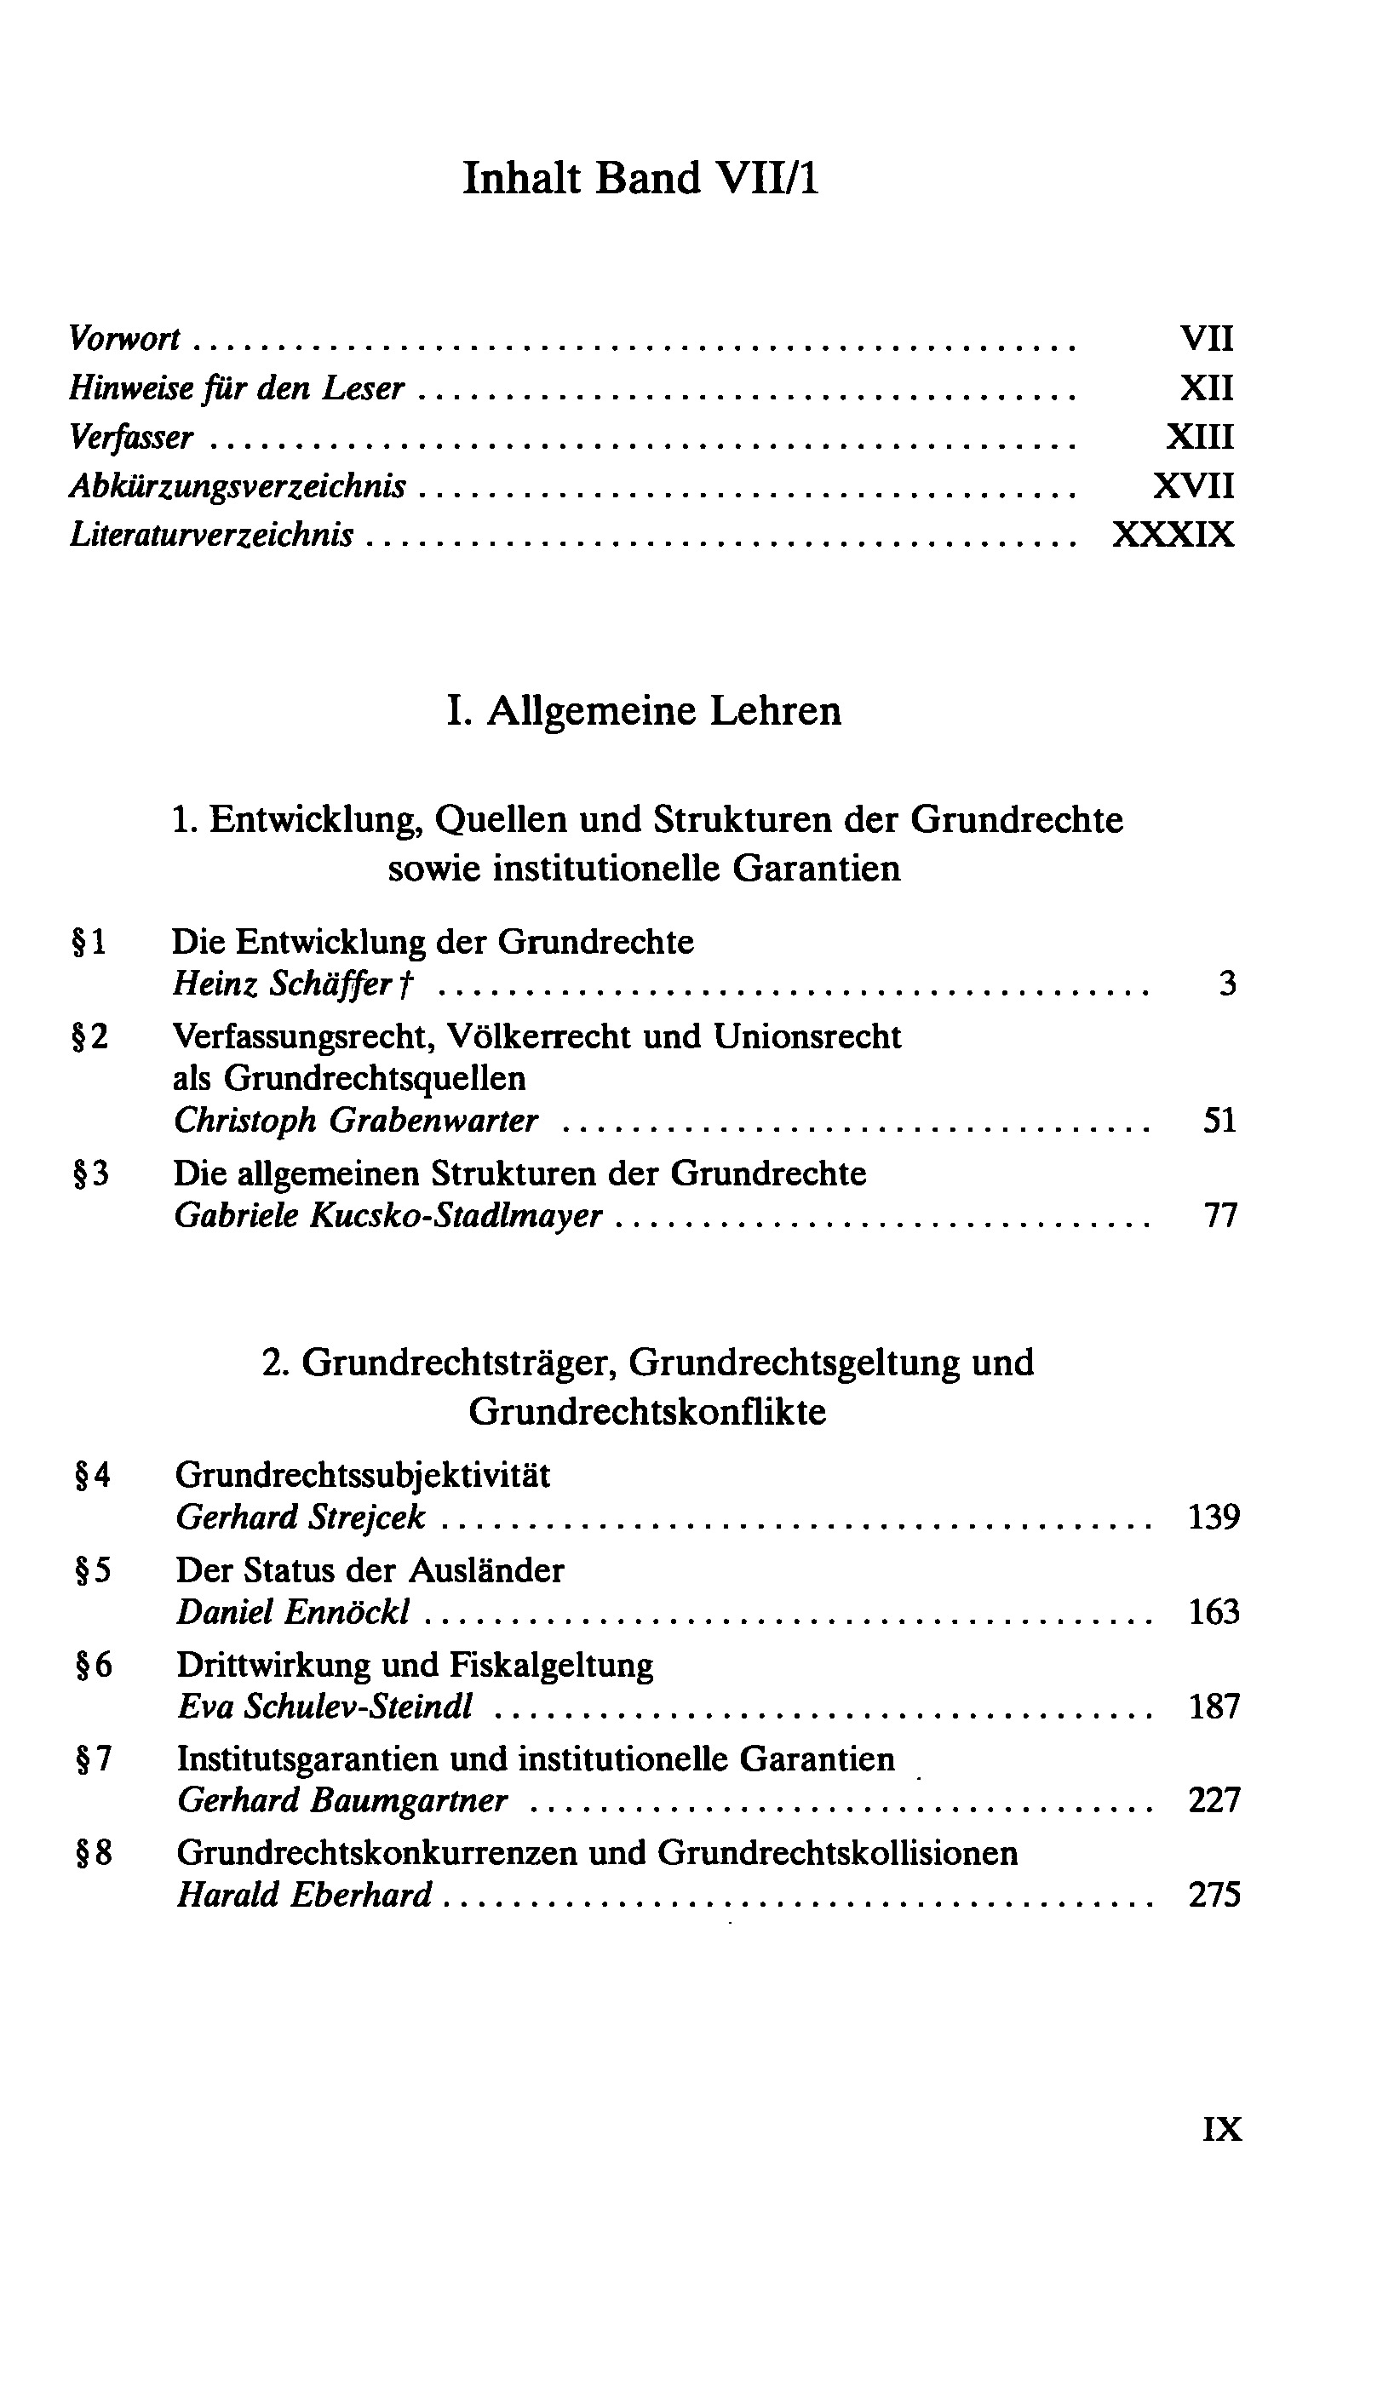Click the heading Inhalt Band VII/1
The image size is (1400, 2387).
tap(640, 178)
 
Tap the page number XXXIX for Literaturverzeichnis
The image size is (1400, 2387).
tap(1173, 535)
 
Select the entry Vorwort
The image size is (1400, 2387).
tap(125, 338)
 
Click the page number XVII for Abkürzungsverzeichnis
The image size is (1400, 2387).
tap(1194, 486)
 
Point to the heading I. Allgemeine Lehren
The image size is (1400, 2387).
tap(643, 710)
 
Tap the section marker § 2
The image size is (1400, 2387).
tap(91, 1036)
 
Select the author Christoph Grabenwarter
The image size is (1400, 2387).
tap(355, 1121)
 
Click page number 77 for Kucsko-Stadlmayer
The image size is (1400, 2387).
tap(1220, 1215)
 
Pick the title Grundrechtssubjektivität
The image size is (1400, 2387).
tap(362, 1475)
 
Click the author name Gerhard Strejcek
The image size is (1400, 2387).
tap(301, 1518)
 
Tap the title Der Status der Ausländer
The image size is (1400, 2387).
tap(370, 1570)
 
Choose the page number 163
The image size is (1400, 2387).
tap(1214, 1612)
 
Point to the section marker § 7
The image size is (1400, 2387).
tap(94, 1759)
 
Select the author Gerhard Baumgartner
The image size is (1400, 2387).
tap(342, 1800)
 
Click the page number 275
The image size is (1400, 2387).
tap(1214, 1896)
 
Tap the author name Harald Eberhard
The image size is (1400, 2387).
tap(304, 1896)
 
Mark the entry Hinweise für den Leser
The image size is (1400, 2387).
tap(237, 387)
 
